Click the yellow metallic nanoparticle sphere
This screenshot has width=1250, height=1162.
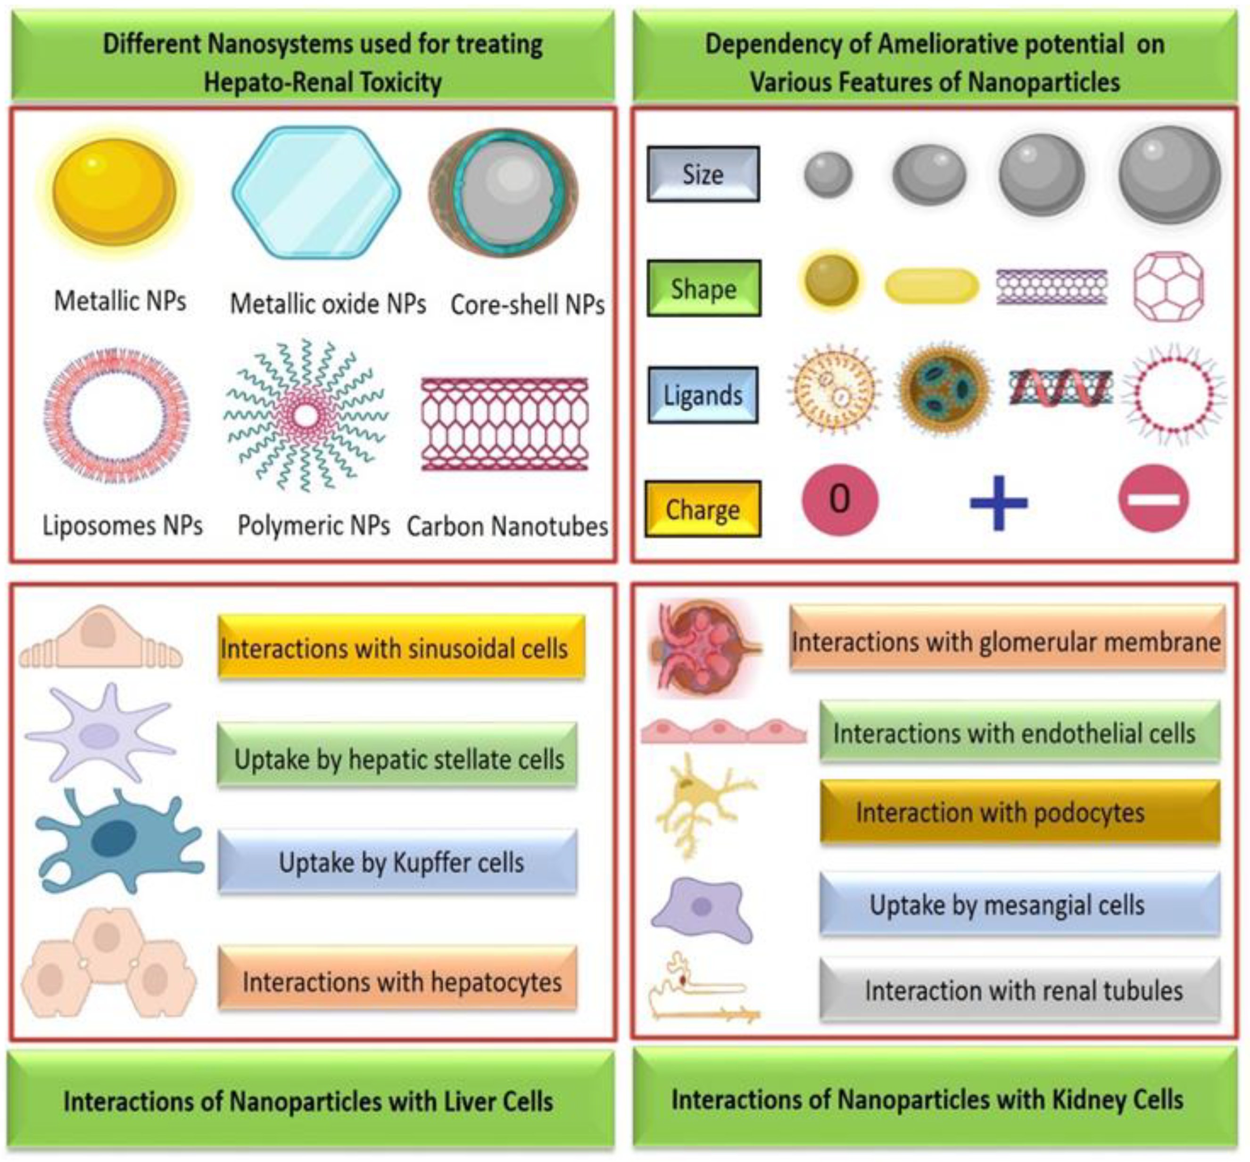115,192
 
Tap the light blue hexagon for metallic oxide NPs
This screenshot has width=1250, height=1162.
316,192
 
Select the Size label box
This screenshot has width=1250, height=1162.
703,174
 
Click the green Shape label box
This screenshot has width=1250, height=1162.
704,289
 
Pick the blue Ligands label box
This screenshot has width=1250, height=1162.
703,395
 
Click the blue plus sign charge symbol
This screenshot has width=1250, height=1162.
999,502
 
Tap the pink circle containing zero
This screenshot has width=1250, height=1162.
839,499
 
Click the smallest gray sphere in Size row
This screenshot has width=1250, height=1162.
828,174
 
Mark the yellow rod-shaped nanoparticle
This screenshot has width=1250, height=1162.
931,286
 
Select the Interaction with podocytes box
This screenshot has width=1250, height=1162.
1019,813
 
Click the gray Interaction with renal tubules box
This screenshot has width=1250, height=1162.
1019,990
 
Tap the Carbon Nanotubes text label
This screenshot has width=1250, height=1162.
507,526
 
